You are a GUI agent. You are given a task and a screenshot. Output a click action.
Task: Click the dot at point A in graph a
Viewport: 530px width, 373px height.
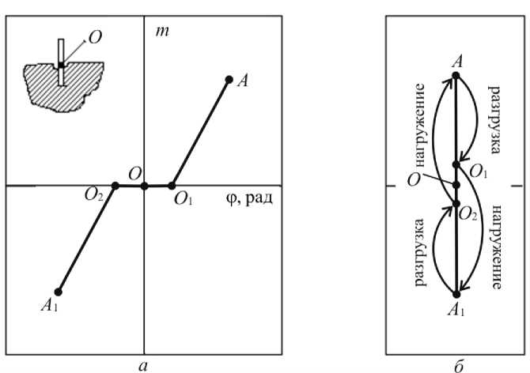[229, 79]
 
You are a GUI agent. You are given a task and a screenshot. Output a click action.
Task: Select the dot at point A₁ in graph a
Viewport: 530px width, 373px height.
[58, 292]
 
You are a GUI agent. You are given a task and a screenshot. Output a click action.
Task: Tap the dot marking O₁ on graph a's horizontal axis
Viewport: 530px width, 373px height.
[172, 186]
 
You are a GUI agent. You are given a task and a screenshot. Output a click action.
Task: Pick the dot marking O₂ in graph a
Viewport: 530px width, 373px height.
[115, 186]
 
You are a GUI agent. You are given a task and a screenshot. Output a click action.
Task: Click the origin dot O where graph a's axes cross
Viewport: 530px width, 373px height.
[144, 186]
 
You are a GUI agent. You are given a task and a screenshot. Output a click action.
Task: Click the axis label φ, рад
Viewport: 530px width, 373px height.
[248, 198]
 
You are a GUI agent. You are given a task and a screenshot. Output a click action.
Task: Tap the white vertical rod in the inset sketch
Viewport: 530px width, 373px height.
[61, 63]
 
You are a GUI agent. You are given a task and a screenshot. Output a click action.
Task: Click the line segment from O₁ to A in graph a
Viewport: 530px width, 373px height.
[200, 133]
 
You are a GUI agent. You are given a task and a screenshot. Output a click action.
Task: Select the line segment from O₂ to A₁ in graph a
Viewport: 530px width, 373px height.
[87, 238]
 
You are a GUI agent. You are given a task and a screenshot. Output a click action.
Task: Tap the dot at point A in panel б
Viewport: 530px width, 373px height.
[456, 75]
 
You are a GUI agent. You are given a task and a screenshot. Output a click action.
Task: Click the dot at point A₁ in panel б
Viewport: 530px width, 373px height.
[456, 294]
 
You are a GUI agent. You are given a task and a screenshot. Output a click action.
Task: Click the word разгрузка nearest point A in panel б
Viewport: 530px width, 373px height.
[492, 115]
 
